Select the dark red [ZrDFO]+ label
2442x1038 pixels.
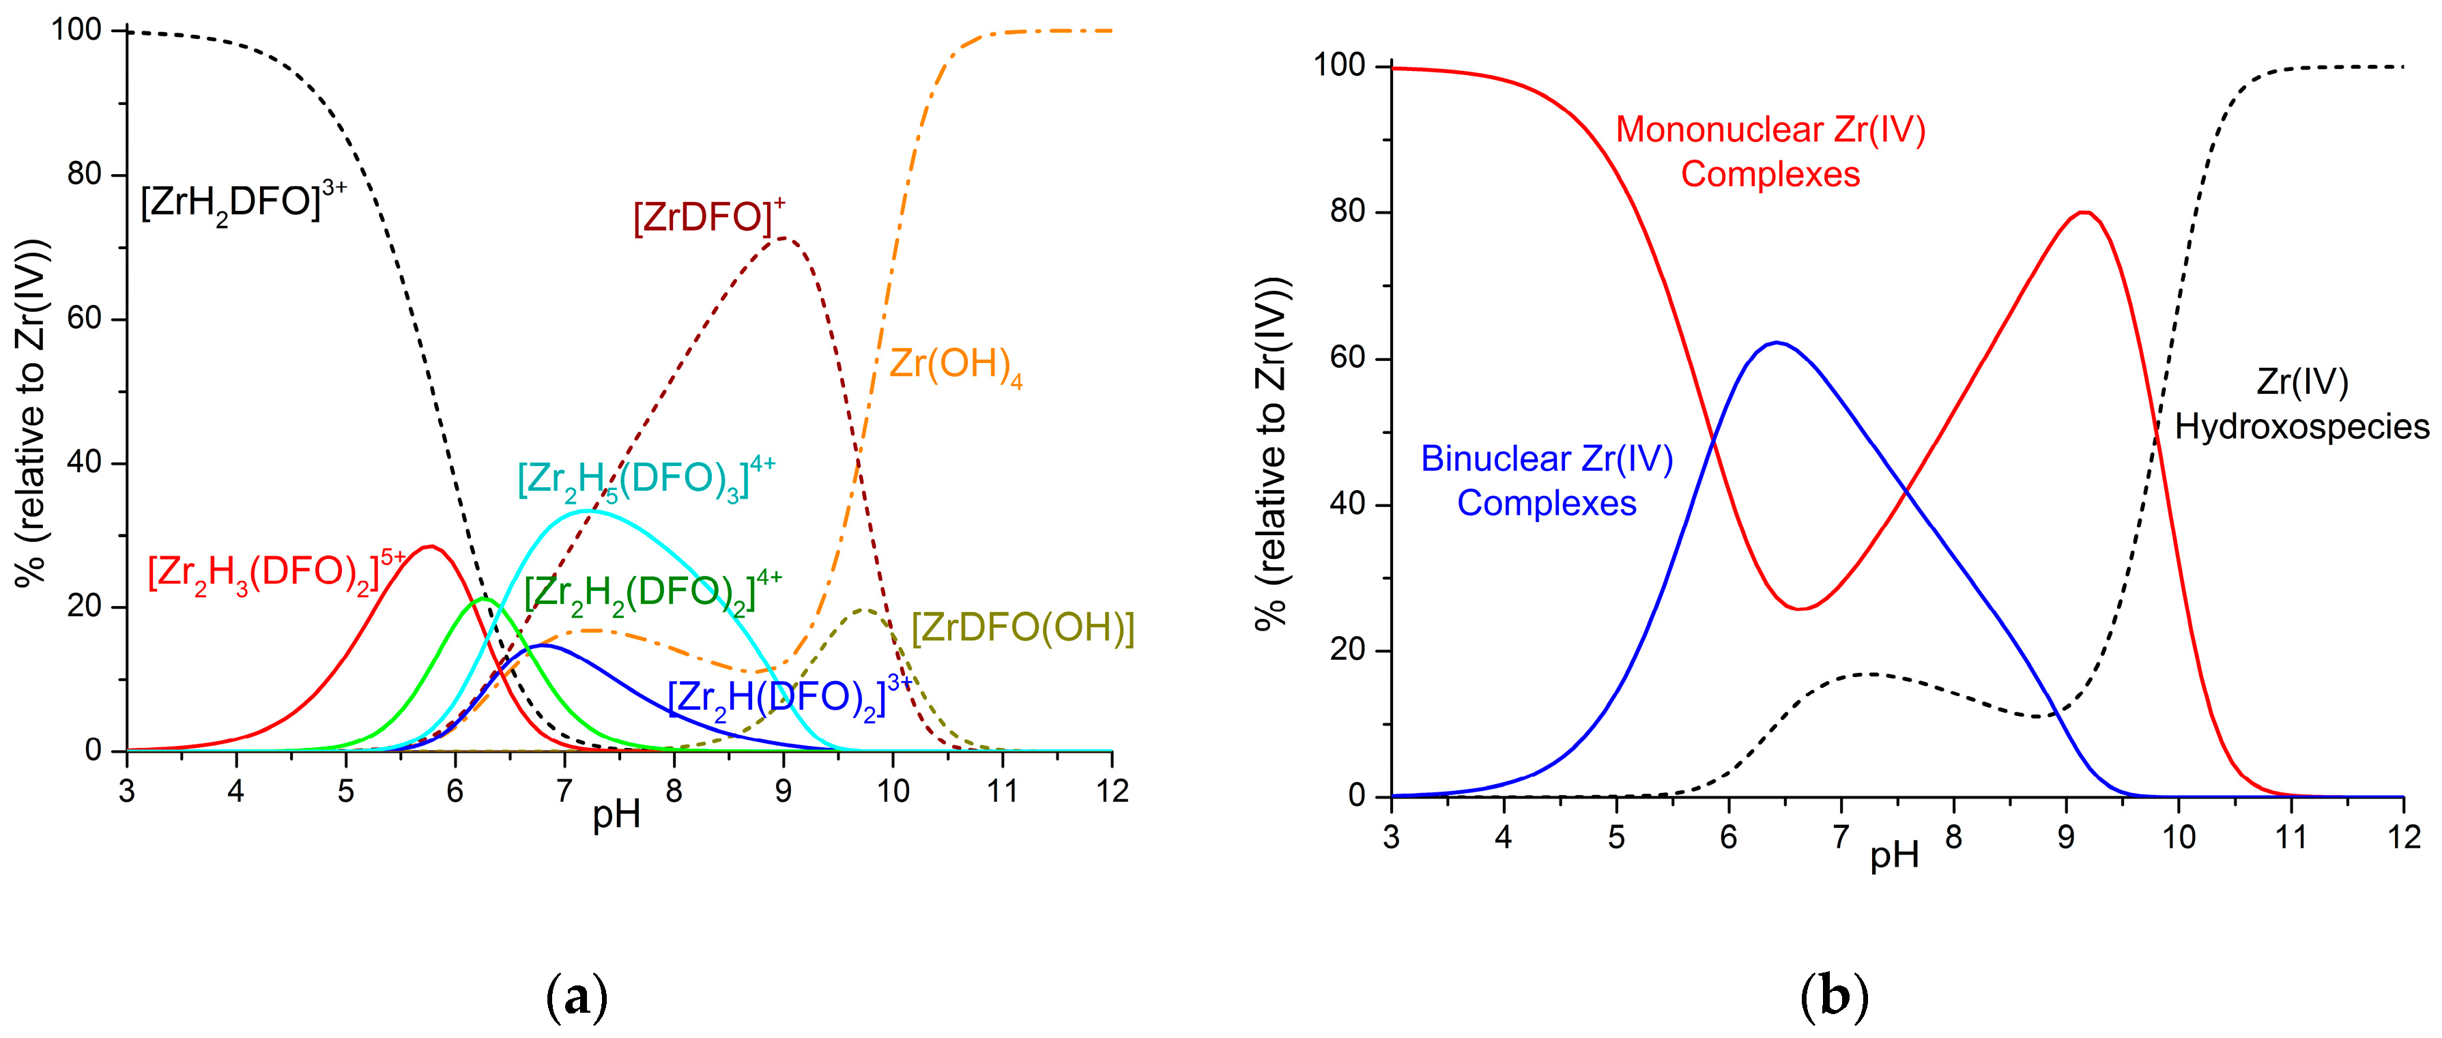tap(707, 218)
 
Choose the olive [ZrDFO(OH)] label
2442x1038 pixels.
tap(1022, 629)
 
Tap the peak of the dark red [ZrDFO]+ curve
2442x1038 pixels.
tap(782, 238)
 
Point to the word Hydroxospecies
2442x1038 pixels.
tap(2301, 427)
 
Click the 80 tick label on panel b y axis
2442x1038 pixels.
tap(1346, 212)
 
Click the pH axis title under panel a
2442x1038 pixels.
tap(616, 816)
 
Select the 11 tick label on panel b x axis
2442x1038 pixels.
tap(2290, 838)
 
